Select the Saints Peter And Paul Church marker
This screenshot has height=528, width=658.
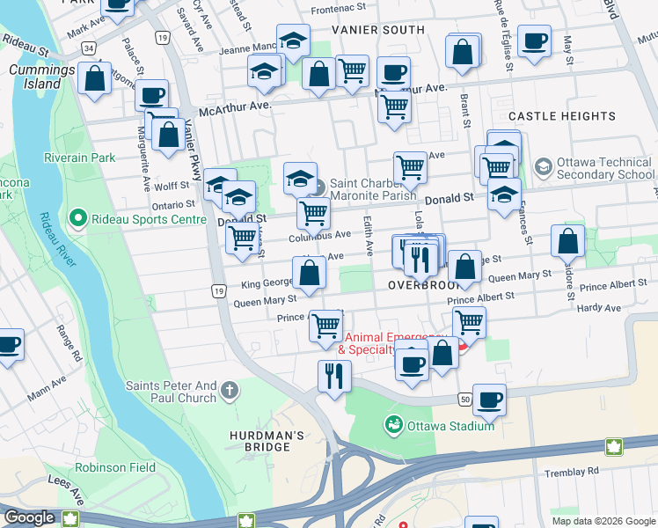click(x=230, y=389)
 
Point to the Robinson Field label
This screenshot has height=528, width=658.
click(x=113, y=467)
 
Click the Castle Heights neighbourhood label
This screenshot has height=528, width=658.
click(x=561, y=116)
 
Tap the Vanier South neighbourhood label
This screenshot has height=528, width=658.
click(x=377, y=30)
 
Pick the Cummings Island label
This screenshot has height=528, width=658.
click(x=36, y=77)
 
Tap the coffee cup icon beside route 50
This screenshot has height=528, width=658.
click(x=489, y=399)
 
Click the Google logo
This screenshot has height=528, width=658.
click(x=30, y=517)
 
